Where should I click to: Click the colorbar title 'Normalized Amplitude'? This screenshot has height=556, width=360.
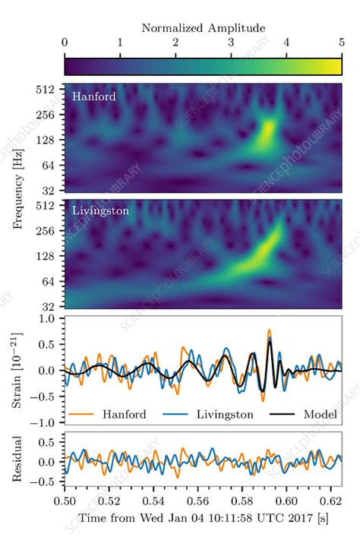pyautogui.click(x=203, y=28)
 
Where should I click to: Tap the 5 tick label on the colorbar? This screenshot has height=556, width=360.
pyautogui.click(x=341, y=43)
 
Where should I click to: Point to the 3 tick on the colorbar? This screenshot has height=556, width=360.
pyautogui.click(x=230, y=43)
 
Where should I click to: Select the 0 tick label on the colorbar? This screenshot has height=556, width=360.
pyautogui.click(x=65, y=43)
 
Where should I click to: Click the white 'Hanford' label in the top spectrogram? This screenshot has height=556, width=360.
pyautogui.click(x=94, y=96)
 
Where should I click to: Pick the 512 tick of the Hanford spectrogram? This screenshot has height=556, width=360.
pyautogui.click(x=49, y=90)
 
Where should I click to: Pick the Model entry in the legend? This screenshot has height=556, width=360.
pyautogui.click(x=319, y=415)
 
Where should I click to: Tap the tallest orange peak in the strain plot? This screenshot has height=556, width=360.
pyautogui.click(x=269, y=330)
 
